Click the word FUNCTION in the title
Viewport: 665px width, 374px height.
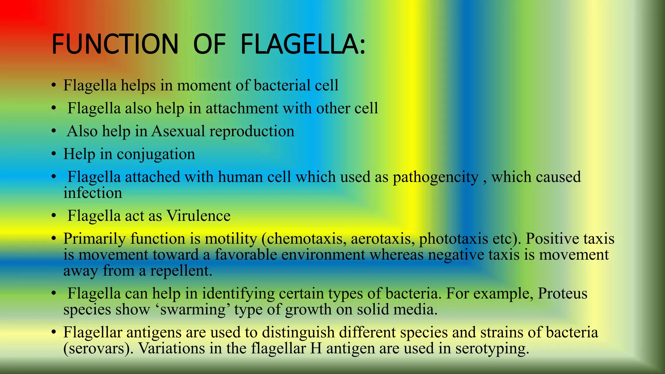[x=115, y=44]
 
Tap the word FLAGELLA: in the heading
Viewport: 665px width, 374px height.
[x=303, y=44]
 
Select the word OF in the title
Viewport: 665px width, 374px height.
[x=209, y=44]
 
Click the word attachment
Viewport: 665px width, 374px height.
[x=242, y=108]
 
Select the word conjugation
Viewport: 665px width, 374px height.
[x=156, y=155]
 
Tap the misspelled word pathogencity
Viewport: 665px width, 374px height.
[x=435, y=177]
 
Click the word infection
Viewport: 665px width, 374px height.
[x=93, y=193]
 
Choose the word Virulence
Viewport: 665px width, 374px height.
[x=198, y=216]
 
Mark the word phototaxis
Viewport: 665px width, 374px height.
[x=453, y=239]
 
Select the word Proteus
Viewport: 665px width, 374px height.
[x=562, y=293]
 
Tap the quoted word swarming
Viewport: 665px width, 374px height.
[x=193, y=310]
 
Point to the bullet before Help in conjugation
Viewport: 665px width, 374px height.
[x=54, y=154]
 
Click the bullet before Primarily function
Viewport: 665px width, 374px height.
[x=54, y=239]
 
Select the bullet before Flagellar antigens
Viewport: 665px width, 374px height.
[x=54, y=332]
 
